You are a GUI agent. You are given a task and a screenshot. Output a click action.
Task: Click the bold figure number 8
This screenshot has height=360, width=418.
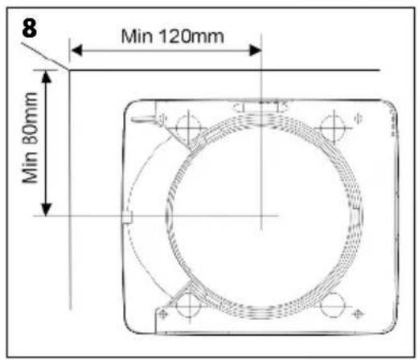(x=30, y=28)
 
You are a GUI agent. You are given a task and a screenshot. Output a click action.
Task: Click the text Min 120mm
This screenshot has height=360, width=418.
(x=173, y=36)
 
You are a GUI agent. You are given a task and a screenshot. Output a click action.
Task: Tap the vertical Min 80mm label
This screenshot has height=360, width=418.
(x=30, y=138)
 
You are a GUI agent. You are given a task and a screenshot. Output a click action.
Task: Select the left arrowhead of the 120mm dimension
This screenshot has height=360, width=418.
(x=76, y=51)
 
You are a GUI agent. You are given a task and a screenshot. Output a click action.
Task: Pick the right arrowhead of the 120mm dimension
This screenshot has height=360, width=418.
(x=256, y=51)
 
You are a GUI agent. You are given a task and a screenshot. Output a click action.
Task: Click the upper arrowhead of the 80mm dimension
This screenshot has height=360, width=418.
(x=47, y=77)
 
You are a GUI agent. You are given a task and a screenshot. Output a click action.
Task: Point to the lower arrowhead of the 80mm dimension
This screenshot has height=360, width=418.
(x=46, y=210)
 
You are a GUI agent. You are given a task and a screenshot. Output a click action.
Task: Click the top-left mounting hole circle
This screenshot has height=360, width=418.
(x=188, y=128)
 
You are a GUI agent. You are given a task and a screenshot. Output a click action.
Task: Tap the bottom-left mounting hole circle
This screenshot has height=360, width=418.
(x=189, y=305)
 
